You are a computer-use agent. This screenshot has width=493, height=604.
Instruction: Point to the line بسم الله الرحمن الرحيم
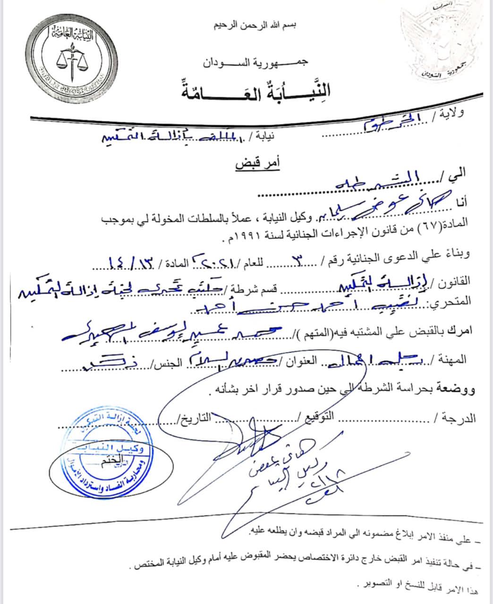[x=255, y=25]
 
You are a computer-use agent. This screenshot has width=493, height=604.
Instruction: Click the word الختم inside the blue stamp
[x=108, y=462]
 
